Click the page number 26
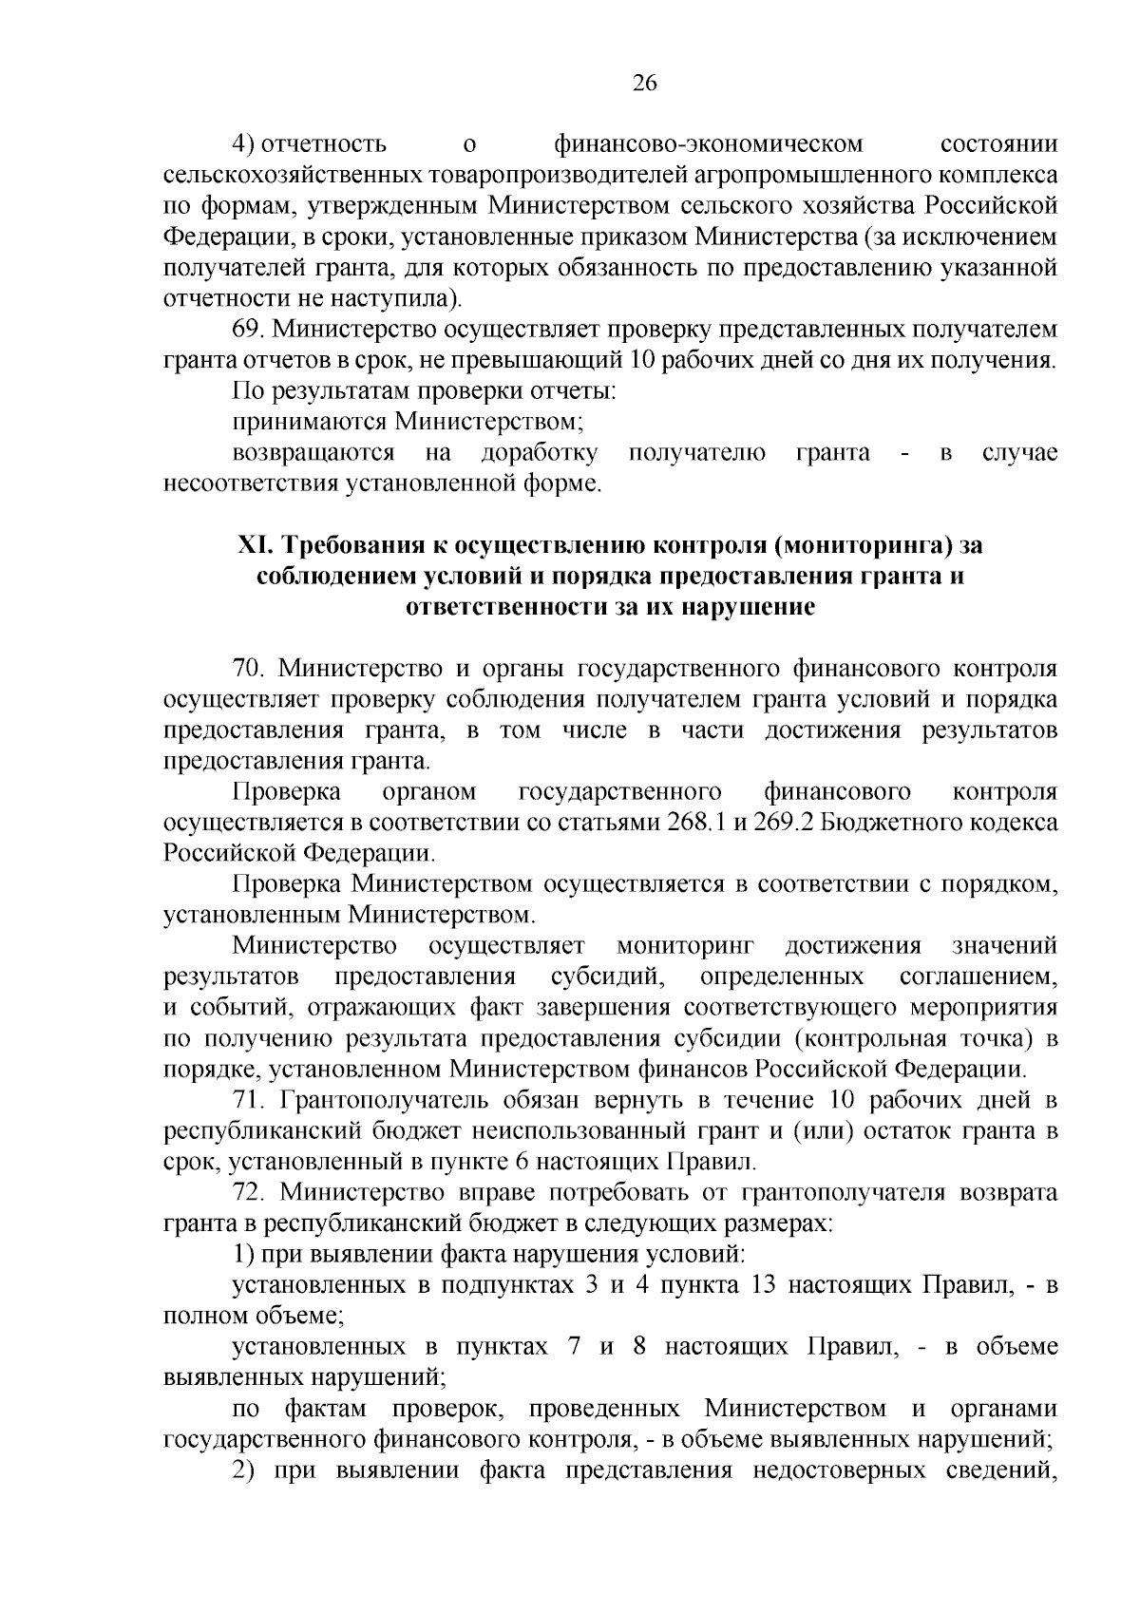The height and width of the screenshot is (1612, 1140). click(645, 84)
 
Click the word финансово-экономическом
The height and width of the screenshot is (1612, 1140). click(708, 144)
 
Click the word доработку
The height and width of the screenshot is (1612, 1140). click(540, 453)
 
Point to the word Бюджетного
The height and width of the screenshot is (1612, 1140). click(888, 823)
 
